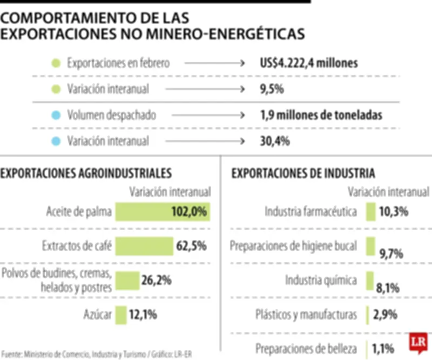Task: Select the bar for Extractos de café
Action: (144, 246)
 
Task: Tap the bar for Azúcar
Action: (120, 315)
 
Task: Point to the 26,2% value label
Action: (157, 280)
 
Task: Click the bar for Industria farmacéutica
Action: (370, 212)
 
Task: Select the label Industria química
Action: (321, 280)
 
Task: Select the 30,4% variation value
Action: (275, 141)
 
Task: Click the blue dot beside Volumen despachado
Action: (55, 115)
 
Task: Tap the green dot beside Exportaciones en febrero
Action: (55, 63)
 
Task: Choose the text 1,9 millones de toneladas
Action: (321, 115)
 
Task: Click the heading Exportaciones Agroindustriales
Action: (86, 173)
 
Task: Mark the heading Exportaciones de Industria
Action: (303, 173)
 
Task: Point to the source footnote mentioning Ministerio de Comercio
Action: (97, 355)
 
